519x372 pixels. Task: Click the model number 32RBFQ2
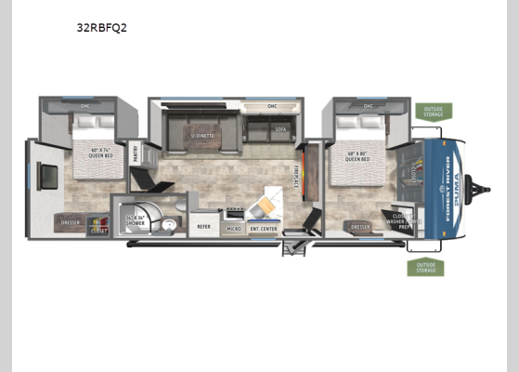101,27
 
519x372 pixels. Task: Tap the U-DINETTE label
202,135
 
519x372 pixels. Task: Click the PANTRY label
135,153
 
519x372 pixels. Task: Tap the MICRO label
233,227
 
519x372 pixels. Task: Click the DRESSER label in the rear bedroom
71,223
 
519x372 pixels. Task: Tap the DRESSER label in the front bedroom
360,226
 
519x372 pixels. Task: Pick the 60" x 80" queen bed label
357,156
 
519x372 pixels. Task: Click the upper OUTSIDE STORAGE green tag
433,113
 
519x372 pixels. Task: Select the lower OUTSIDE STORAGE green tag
425,268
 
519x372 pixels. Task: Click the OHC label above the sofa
272,106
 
